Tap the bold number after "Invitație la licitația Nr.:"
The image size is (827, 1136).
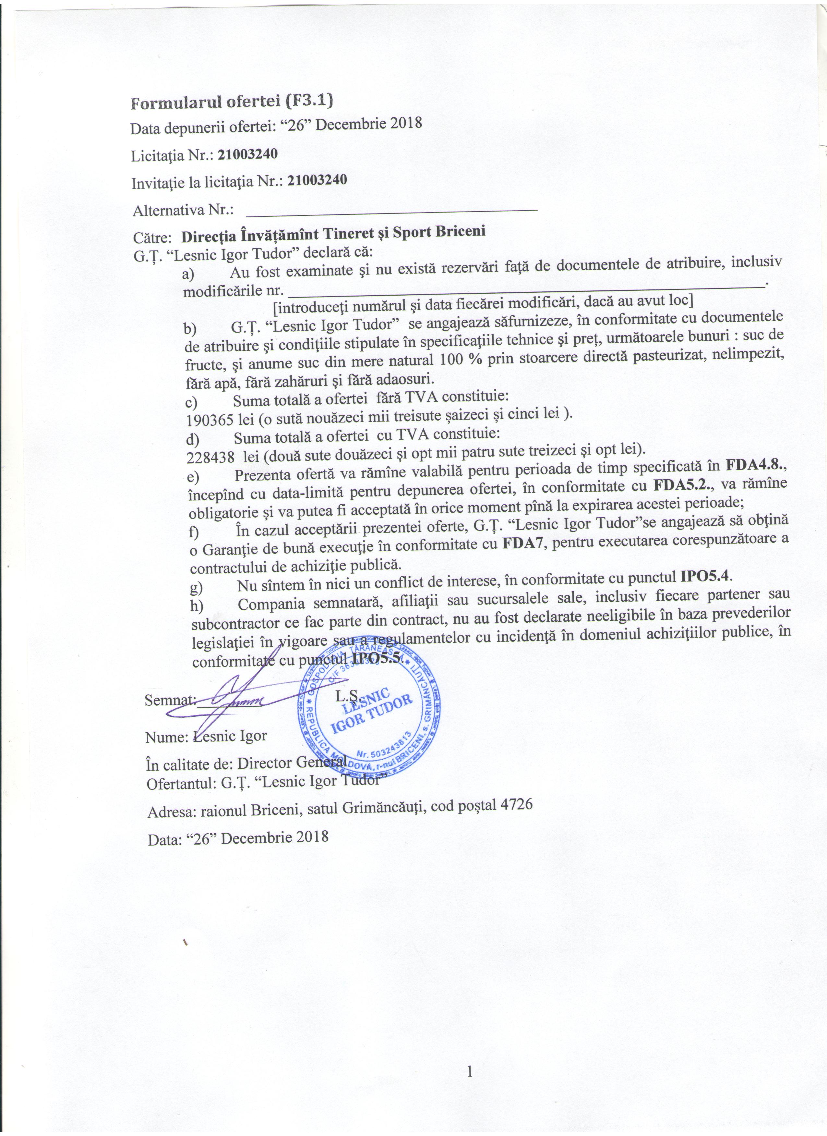(317, 181)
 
